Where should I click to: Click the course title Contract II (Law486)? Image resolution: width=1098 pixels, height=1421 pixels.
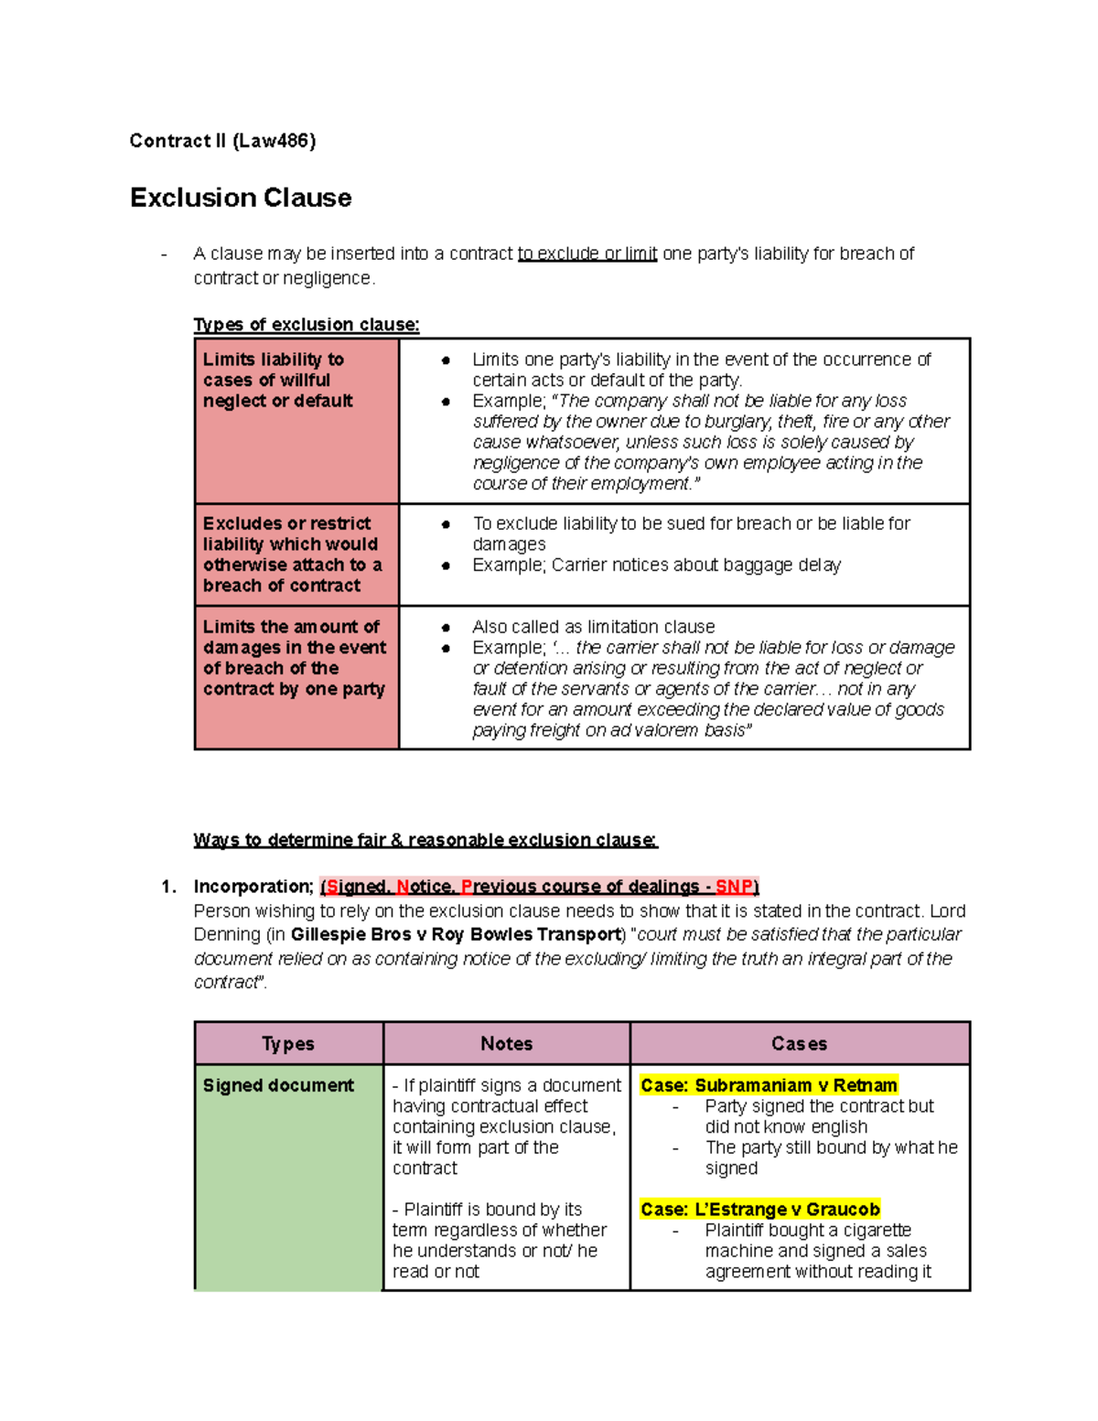(x=222, y=141)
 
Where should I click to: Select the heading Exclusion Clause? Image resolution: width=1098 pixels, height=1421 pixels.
(x=241, y=198)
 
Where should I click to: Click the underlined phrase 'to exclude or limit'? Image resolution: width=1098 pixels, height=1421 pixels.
(x=587, y=253)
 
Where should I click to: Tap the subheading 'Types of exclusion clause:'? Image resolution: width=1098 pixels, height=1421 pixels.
(x=307, y=325)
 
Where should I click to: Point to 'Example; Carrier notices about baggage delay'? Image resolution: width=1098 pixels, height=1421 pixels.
(x=656, y=565)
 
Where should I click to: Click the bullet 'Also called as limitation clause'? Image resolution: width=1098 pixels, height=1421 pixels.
(x=593, y=627)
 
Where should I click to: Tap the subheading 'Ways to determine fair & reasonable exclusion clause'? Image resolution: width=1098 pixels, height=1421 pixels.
(x=425, y=840)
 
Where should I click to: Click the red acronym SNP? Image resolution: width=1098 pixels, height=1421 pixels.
(x=734, y=887)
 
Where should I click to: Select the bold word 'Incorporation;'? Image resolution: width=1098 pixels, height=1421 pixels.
(x=253, y=887)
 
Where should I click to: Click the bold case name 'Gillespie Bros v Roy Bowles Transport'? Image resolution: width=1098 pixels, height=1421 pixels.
(x=456, y=934)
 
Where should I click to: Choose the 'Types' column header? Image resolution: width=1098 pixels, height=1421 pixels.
(x=288, y=1044)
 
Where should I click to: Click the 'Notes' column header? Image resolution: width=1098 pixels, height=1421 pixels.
(x=507, y=1044)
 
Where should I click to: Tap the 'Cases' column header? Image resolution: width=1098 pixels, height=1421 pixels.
(x=799, y=1044)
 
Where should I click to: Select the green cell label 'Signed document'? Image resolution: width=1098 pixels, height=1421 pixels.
(x=278, y=1085)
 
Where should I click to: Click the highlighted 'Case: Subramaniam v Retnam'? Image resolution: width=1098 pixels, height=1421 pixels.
(x=769, y=1085)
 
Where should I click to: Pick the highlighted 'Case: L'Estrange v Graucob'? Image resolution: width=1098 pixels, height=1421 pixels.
(x=760, y=1210)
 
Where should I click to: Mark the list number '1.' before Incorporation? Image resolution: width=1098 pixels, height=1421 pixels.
(x=168, y=887)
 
